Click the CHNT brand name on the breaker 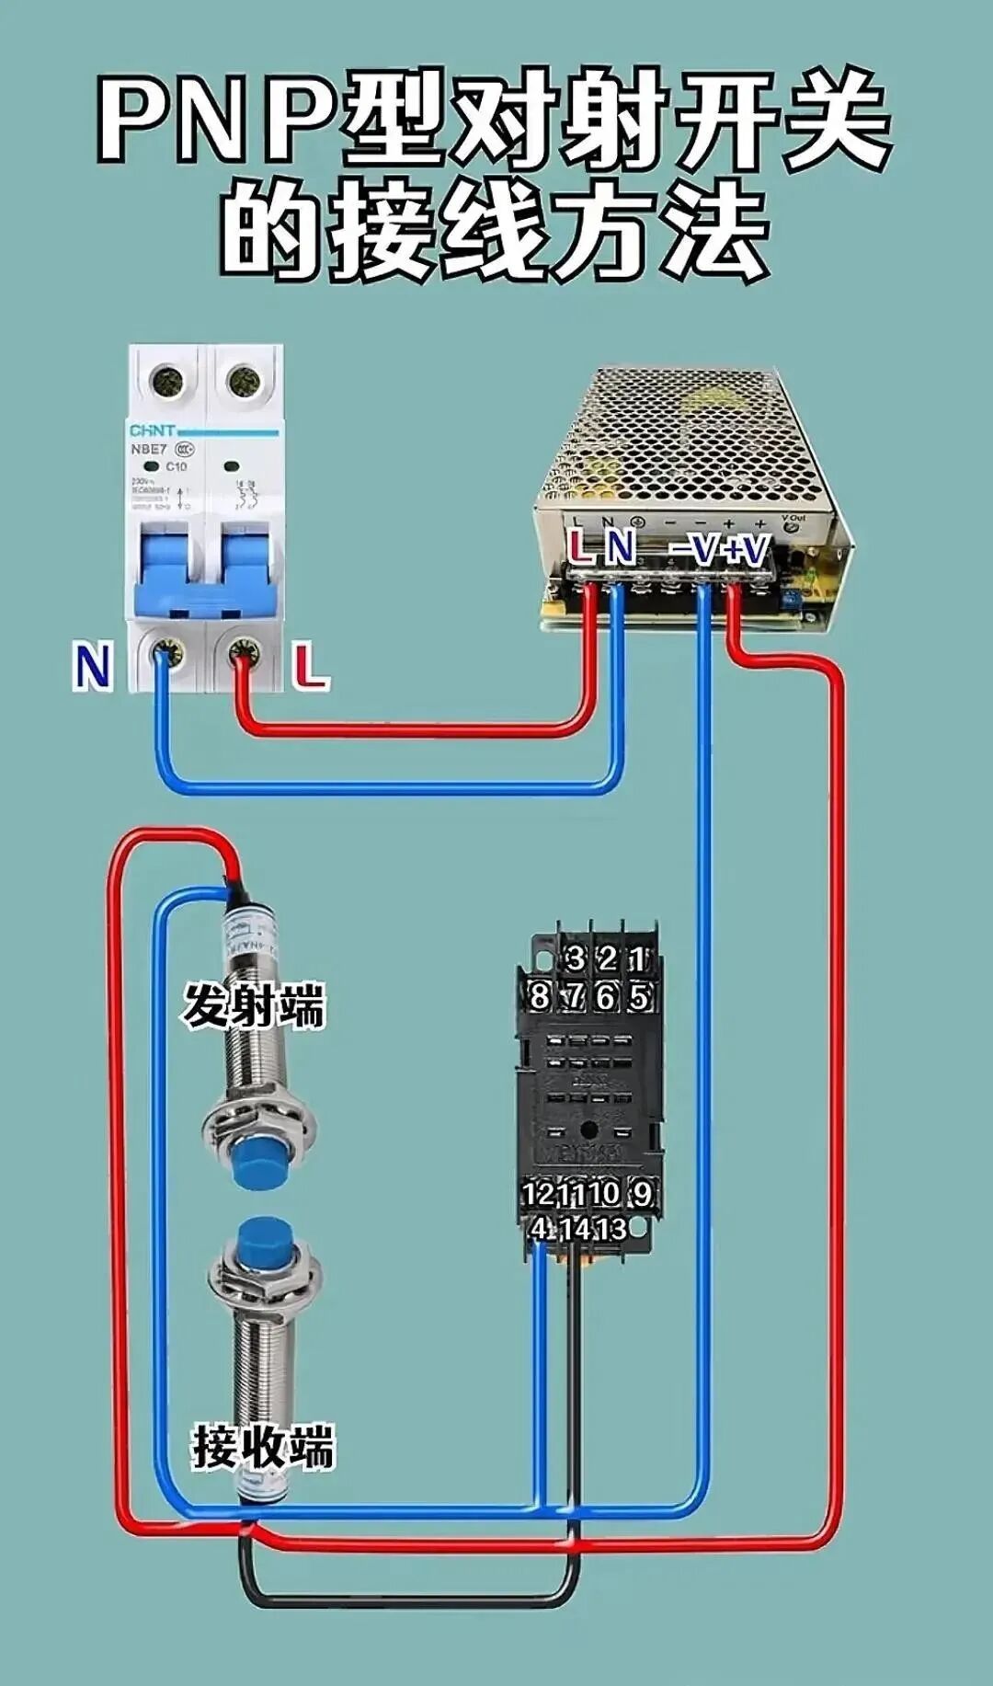(152, 430)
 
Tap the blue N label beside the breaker (92, 667)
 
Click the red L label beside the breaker (312, 667)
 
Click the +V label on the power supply (746, 550)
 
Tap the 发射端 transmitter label (253, 1005)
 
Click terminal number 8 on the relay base (540, 995)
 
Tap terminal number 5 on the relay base (639, 996)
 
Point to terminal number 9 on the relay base (642, 1193)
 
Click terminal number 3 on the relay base (575, 958)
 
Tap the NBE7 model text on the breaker (148, 449)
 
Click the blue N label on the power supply (621, 547)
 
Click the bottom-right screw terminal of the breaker (244, 654)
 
